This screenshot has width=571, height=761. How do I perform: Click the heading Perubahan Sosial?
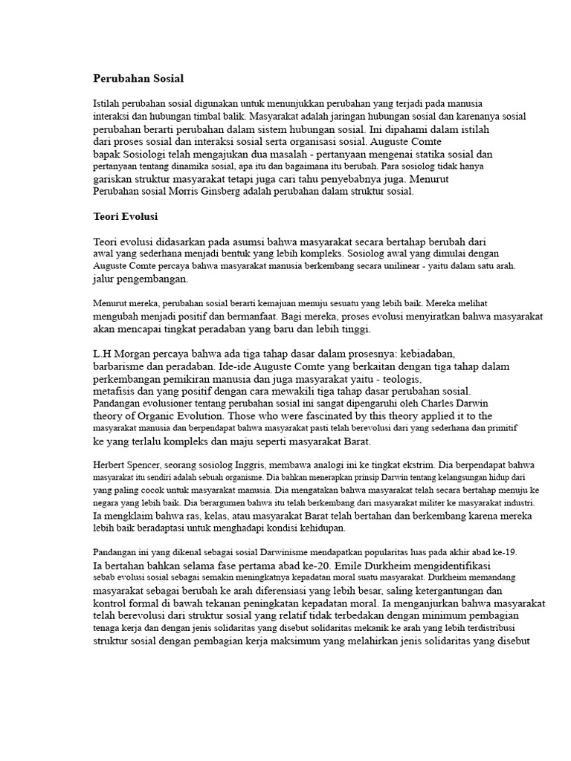[138, 78]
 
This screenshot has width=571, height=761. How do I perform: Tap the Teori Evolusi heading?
[126, 217]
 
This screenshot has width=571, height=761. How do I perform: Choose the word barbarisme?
[121, 367]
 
